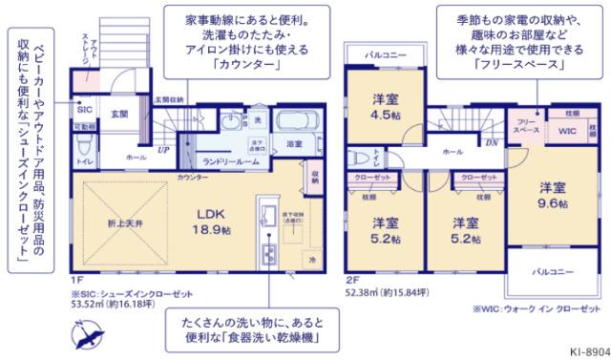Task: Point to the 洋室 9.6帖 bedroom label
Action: coord(552,197)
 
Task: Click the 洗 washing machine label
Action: coord(257,119)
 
